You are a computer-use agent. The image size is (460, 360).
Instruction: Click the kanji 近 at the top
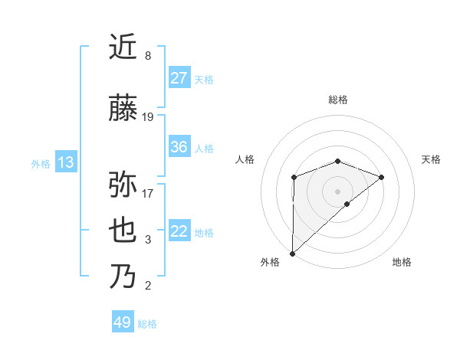[124, 47]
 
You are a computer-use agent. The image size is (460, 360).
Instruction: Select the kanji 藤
[124, 109]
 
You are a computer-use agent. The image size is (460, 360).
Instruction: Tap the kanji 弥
[124, 185]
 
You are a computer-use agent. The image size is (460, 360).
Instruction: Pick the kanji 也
[124, 231]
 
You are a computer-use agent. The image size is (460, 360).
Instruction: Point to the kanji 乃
[124, 277]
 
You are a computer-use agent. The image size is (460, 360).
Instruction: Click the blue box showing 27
[179, 78]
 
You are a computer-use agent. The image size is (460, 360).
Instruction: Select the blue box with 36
[179, 147]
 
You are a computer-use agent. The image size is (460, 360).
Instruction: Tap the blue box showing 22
[179, 231]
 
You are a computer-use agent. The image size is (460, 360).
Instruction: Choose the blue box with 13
[66, 162]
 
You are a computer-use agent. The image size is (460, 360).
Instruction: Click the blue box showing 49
[123, 322]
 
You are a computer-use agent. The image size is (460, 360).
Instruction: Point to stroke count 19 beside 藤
[148, 117]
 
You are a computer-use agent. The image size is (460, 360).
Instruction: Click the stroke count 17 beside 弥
[148, 193]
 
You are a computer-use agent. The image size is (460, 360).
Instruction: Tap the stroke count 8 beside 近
[148, 56]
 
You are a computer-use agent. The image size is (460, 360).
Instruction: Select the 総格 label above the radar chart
[337, 100]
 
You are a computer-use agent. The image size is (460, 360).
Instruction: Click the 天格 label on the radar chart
[431, 159]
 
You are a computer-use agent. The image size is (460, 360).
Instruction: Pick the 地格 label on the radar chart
[402, 262]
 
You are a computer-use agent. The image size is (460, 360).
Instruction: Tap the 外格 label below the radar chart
[270, 262]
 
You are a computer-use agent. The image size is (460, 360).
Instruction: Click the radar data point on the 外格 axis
[292, 253]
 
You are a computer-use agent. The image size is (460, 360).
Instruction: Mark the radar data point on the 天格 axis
[381, 177]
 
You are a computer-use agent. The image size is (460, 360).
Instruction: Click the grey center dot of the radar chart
[337, 191]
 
